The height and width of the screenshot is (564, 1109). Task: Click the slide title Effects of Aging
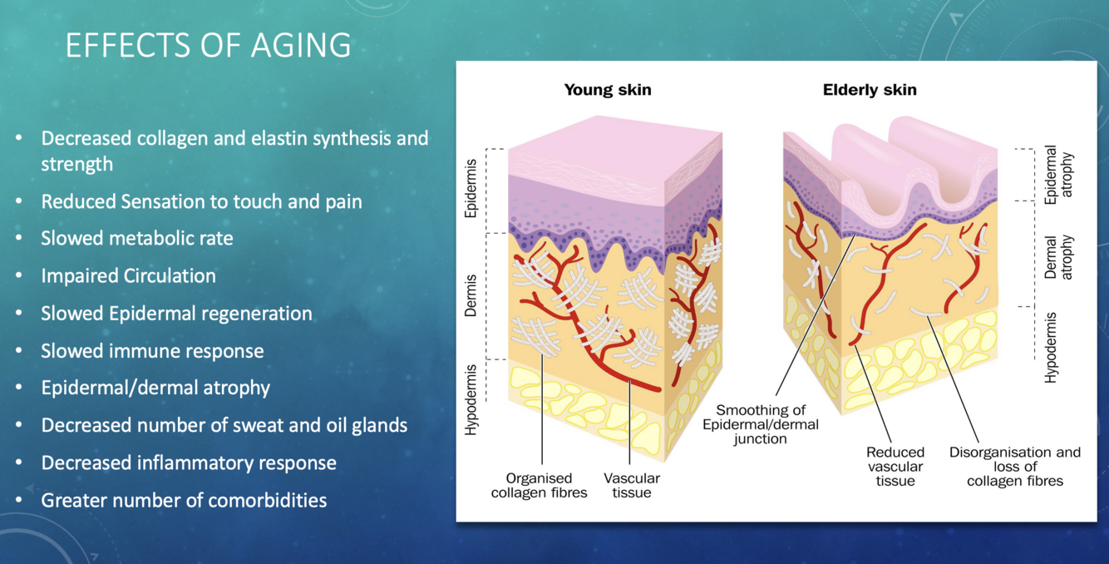(x=208, y=45)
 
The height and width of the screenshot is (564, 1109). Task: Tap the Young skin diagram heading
(x=608, y=90)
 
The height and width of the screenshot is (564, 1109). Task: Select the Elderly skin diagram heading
(x=870, y=90)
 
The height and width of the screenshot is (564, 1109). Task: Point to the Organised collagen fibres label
(x=539, y=485)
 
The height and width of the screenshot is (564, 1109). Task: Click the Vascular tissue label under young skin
(x=632, y=485)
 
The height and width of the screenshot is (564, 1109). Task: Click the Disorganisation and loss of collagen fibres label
(x=1015, y=467)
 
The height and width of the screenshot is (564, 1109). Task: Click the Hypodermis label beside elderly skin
(x=1051, y=347)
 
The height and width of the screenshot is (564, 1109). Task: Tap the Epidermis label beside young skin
(x=471, y=188)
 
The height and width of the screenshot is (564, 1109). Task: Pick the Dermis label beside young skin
(x=471, y=295)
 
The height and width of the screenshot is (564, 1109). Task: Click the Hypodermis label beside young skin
(x=471, y=399)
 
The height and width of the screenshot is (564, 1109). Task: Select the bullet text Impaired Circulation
(x=128, y=275)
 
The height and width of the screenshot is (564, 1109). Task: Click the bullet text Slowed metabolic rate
(x=137, y=239)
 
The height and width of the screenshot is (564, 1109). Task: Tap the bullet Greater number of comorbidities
(x=184, y=500)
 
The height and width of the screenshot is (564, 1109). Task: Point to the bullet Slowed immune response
(x=152, y=350)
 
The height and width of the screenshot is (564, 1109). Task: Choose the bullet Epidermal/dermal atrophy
(x=155, y=388)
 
